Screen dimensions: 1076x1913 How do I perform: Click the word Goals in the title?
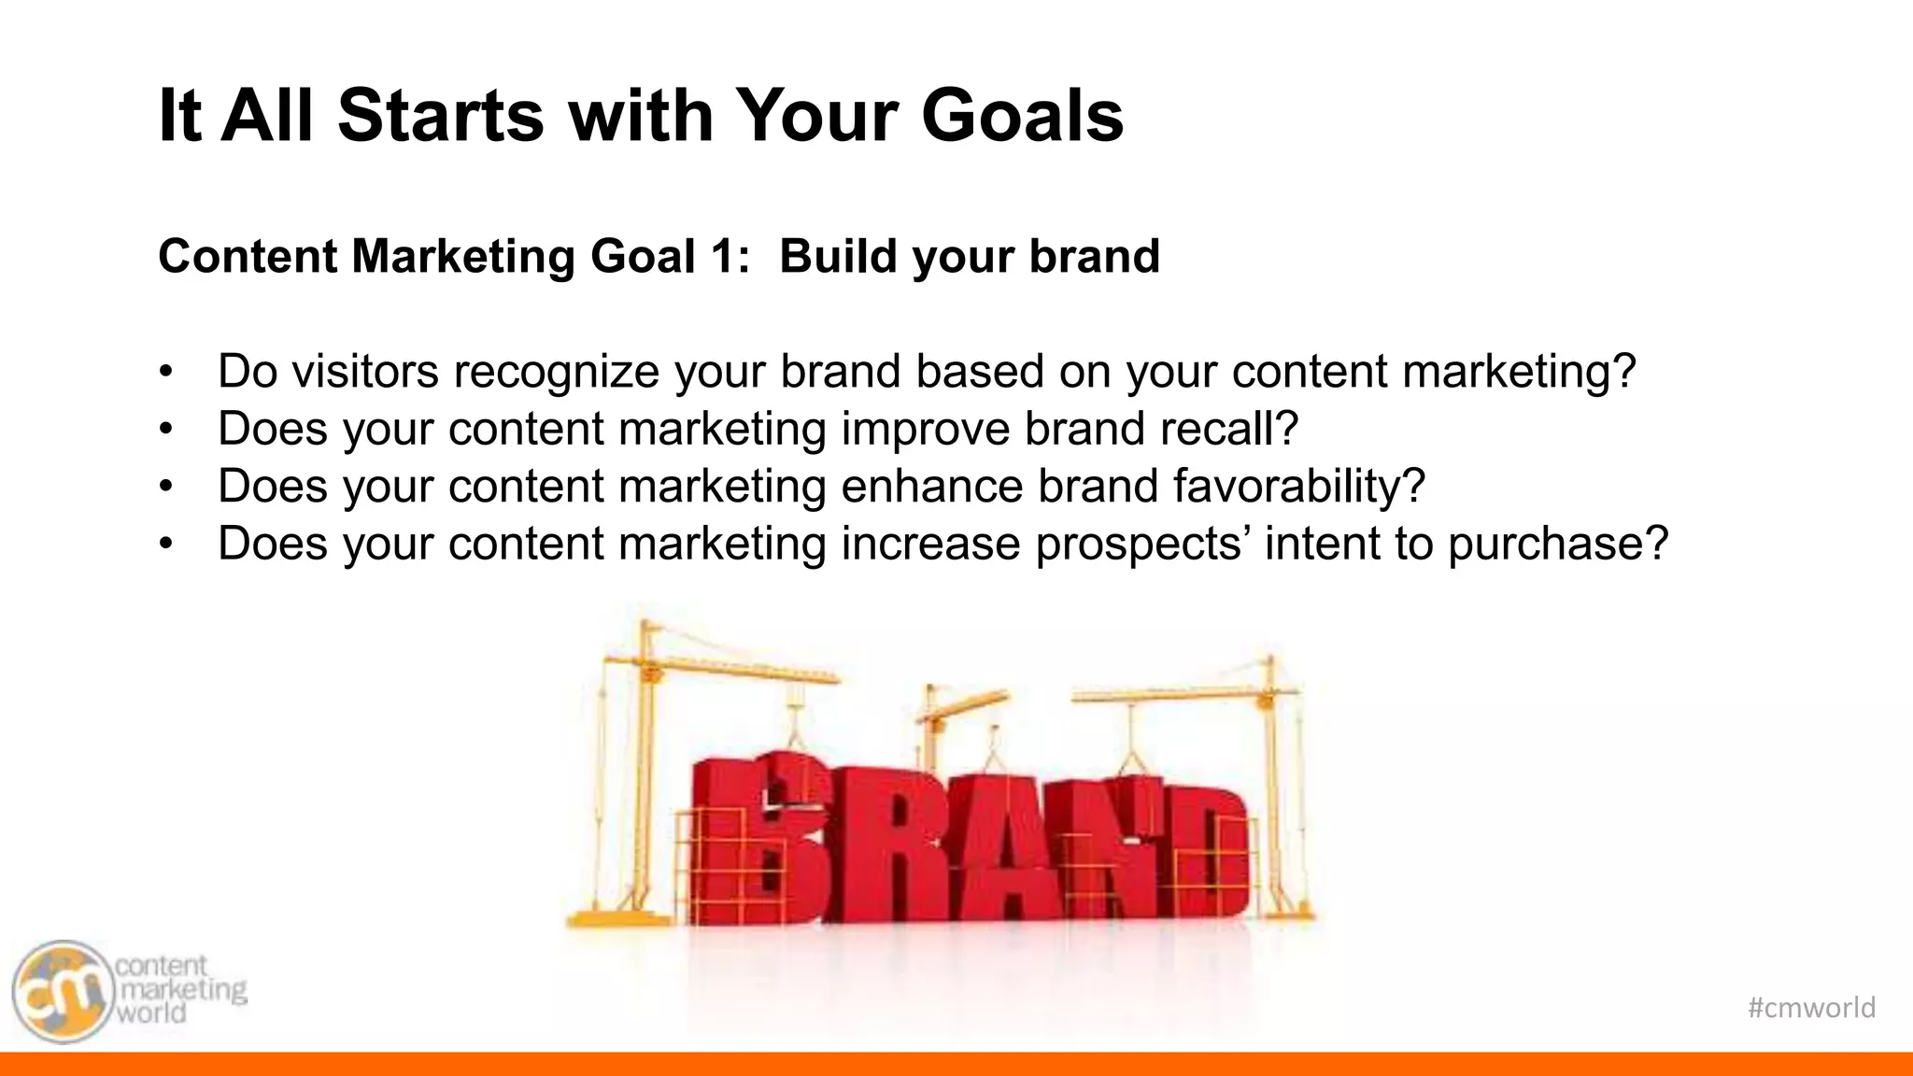[1022, 116]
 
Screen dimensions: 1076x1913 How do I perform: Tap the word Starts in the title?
[440, 116]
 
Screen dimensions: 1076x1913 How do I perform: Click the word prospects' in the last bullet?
[1141, 545]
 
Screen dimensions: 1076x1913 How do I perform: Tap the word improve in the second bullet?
[925, 430]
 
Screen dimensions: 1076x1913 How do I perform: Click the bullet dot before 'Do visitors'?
[166, 372]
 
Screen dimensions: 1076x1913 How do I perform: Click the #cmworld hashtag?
[1810, 1007]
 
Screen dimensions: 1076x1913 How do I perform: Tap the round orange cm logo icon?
[62, 992]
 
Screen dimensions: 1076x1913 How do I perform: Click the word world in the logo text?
[150, 1012]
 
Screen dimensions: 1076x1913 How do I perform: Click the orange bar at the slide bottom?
[956, 1064]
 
